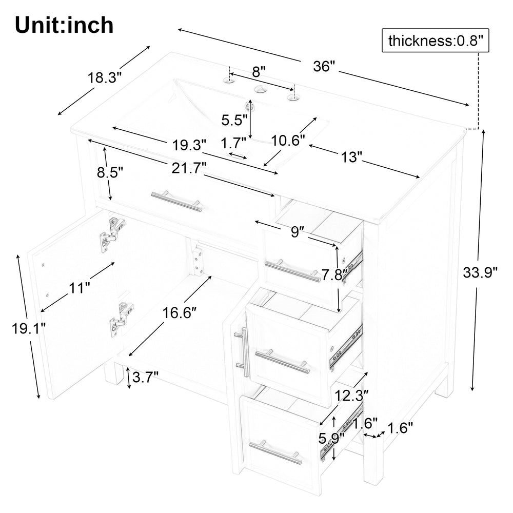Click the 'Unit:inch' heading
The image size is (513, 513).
coord(64,25)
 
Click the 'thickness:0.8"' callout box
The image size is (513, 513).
coord(435,41)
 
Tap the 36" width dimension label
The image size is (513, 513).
coord(324,66)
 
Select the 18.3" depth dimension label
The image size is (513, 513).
coord(104,78)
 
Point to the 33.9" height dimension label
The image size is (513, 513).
coord(480,272)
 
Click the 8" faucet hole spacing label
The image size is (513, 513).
coord(259,71)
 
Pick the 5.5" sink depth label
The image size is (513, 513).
coord(234,120)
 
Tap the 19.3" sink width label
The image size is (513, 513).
coord(189,145)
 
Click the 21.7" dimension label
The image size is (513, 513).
coord(189,168)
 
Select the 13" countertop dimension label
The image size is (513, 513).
coord(351,157)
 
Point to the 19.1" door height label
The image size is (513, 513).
coord(28,328)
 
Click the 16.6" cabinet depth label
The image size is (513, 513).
coord(180,313)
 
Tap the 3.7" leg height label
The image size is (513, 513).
coord(145,378)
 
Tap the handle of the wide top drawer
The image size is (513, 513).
coord(176,201)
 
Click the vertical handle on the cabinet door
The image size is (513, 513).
coord(243,352)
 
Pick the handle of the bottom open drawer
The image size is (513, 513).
coord(275,452)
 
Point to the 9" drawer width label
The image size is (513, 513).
coord(295,232)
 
